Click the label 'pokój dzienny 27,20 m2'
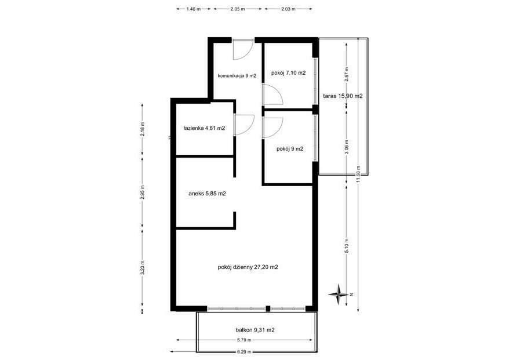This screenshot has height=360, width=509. [x=248, y=267]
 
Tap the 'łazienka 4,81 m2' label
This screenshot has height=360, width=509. [x=204, y=128]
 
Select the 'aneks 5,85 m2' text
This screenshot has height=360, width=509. [x=207, y=194]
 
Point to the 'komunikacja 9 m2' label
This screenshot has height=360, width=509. [x=237, y=76]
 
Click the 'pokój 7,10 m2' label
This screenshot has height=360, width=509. [x=288, y=73]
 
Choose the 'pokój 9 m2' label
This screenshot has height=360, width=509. [x=290, y=149]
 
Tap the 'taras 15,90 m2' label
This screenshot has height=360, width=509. [x=343, y=96]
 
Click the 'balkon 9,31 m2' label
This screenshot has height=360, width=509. [x=255, y=330]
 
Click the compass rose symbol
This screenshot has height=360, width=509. [x=339, y=294]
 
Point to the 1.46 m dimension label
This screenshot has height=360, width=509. [x=194, y=9]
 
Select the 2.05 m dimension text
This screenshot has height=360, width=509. [x=237, y=9]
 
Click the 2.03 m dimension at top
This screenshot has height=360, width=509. [x=288, y=9]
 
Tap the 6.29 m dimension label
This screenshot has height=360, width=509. [x=244, y=351]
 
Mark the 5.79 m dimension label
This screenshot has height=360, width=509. [x=245, y=340]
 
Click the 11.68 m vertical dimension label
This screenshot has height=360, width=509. [x=358, y=174]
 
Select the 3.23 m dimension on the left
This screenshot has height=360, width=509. [x=143, y=268]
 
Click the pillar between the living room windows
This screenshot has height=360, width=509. [x=268, y=309]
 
